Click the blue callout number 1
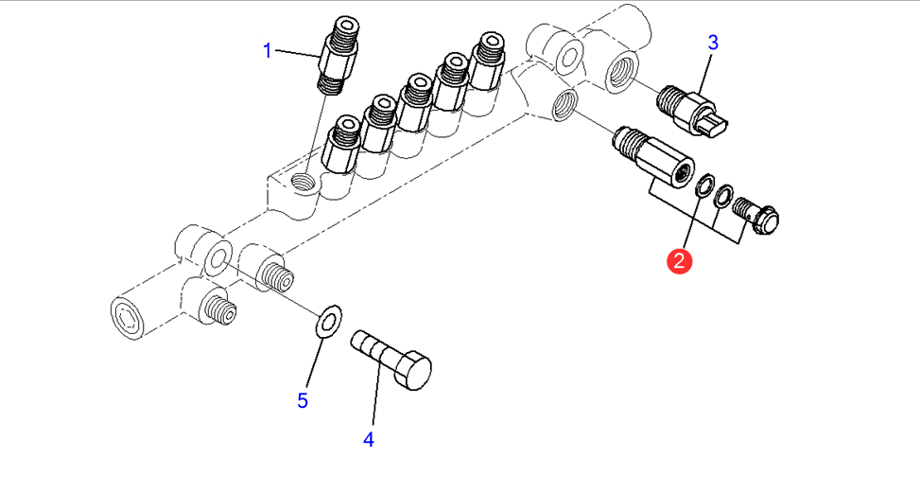(x=267, y=50)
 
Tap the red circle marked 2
(x=680, y=259)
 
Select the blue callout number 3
(x=713, y=42)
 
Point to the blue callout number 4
(x=369, y=439)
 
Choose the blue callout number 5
(x=303, y=400)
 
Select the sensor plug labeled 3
(x=701, y=112)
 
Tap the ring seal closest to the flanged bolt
(x=723, y=196)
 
